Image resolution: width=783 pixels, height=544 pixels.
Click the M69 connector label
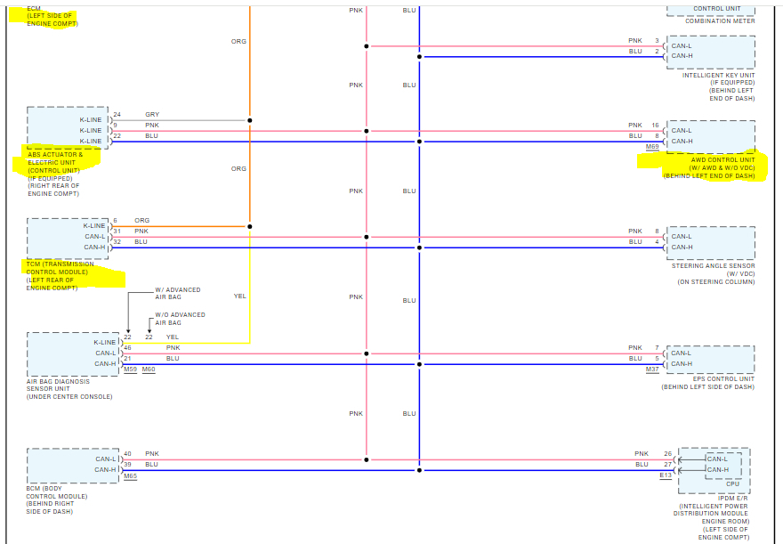(652, 146)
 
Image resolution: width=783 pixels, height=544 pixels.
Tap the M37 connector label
(652, 369)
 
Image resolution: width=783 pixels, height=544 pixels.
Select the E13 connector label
(665, 475)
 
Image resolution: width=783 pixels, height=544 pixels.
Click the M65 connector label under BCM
(130, 476)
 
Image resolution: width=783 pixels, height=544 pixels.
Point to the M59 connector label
(130, 369)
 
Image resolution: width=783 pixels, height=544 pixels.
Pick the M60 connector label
(148, 369)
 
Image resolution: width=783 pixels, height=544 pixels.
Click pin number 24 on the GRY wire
(117, 115)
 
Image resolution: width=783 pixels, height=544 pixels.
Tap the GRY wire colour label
(152, 115)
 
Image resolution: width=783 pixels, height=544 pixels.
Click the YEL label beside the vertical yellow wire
(239, 296)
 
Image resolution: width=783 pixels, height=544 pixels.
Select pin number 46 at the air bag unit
(127, 348)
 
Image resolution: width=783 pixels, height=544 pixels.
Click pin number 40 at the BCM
(127, 454)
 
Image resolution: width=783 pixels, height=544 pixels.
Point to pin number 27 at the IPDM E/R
(667, 465)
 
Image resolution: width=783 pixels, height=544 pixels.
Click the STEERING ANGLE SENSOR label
(712, 265)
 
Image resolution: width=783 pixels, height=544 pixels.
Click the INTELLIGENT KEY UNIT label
(718, 75)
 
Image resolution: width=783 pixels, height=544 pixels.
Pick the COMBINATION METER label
(720, 21)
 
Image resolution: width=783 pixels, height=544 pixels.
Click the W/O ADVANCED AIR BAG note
(180, 319)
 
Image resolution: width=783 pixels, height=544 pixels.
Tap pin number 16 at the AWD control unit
(655, 126)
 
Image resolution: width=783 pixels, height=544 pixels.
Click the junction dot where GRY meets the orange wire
(250, 120)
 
